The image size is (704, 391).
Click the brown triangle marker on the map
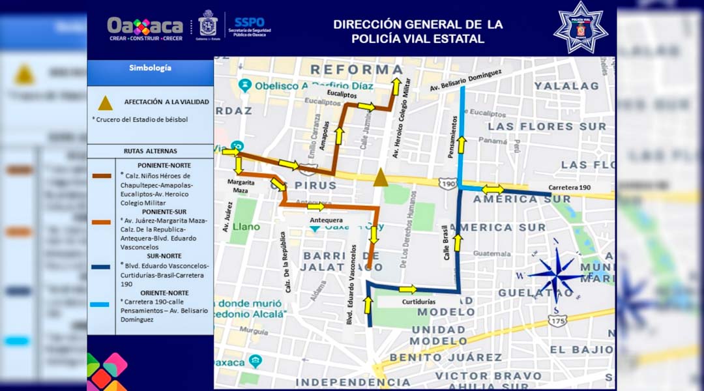point(381,177)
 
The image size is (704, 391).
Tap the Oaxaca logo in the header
point(145,27)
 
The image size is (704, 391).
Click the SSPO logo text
point(249,22)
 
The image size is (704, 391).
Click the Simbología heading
point(150,68)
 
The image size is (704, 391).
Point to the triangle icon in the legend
point(105,103)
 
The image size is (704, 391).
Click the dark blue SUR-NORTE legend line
point(101,265)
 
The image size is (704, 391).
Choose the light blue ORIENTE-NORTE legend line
point(101,304)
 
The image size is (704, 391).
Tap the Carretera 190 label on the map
point(569,188)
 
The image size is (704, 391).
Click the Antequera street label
point(326,220)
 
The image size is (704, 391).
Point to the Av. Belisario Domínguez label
point(465,81)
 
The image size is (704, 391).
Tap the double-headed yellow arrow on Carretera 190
point(493,189)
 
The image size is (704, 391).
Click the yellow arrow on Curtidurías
point(407,289)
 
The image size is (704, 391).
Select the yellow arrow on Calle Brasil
point(458,242)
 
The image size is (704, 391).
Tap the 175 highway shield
point(557,321)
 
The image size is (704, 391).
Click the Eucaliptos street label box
point(343,94)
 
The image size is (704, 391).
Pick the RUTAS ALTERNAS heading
point(150,151)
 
